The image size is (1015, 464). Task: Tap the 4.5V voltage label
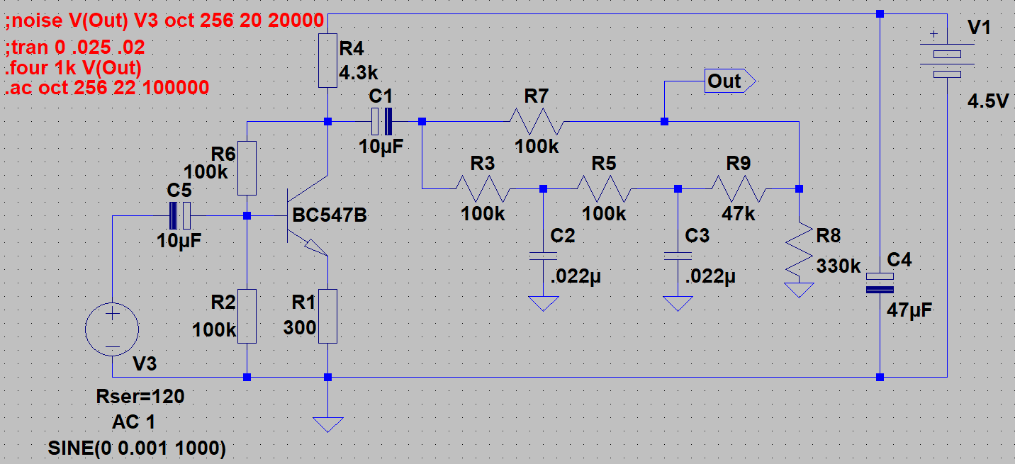(987, 102)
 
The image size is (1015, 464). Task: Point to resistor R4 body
(327, 60)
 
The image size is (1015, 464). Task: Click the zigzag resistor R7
(536, 122)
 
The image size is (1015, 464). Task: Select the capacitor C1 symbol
(381, 122)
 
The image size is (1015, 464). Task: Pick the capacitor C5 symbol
(180, 215)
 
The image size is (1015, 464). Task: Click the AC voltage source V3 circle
(112, 329)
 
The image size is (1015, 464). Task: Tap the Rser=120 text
(140, 397)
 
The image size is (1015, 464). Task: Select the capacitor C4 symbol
(880, 283)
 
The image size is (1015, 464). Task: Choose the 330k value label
(839, 267)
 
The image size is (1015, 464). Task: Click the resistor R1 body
(327, 316)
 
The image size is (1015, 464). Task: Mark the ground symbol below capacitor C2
(543, 303)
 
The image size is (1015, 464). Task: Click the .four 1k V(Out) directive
(73, 69)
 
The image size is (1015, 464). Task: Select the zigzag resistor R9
(738, 189)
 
